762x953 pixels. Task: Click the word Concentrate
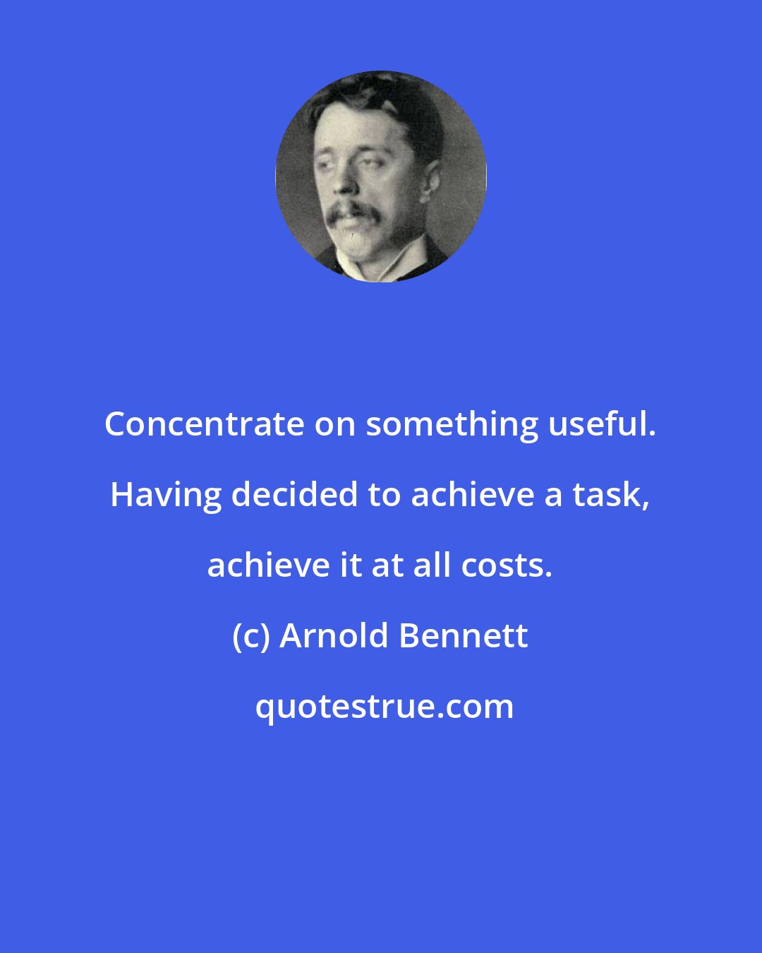tap(203, 424)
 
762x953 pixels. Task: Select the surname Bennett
tap(464, 636)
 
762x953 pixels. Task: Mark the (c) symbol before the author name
tap(250, 637)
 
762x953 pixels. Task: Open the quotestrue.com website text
tap(385, 707)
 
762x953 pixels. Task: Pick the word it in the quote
tap(351, 565)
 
